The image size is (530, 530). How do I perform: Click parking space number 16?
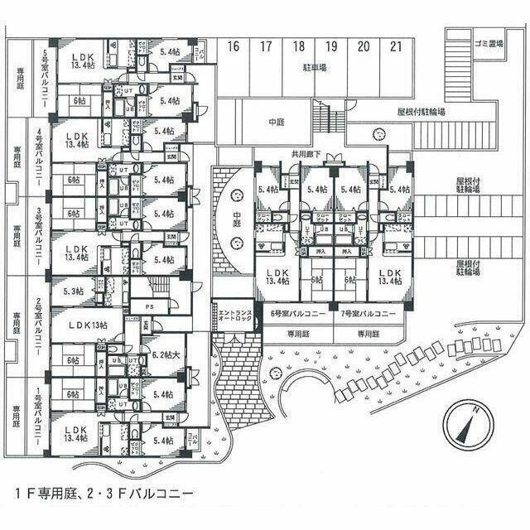tap(234, 47)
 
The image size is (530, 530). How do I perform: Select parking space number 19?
tap(331, 47)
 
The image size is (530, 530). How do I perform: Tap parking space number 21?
tap(397, 47)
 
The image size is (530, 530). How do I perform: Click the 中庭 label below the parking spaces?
tap(277, 123)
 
